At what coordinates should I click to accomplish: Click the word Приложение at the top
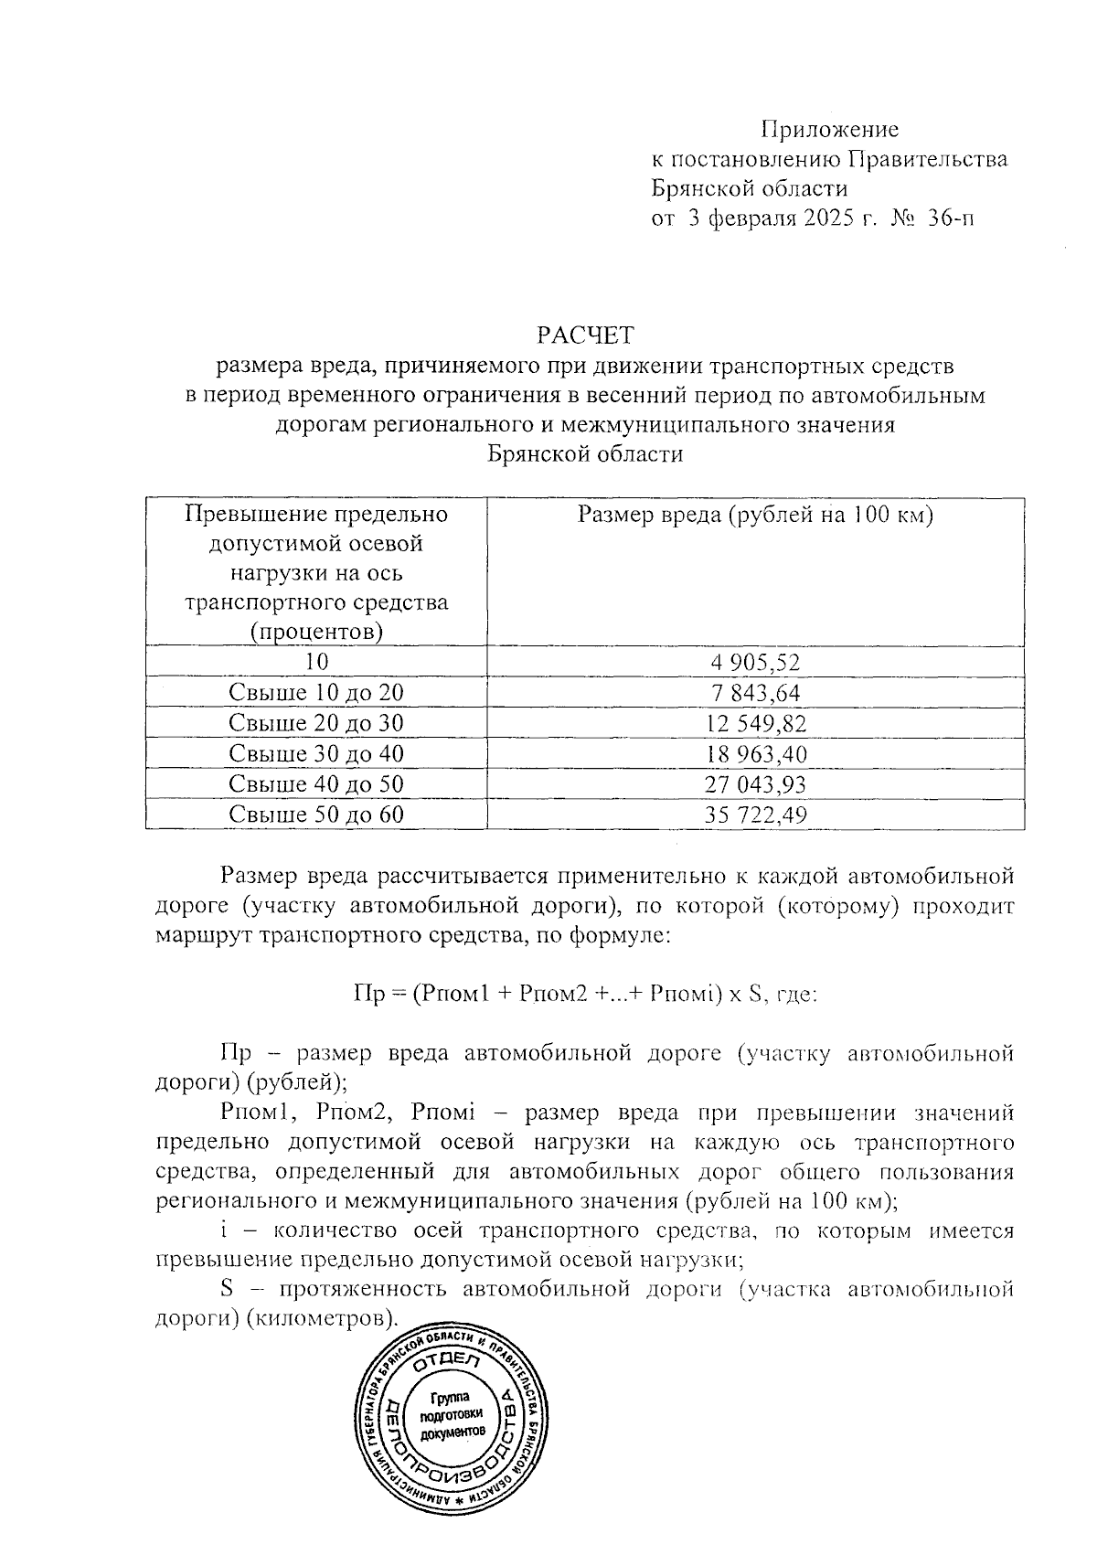point(830,130)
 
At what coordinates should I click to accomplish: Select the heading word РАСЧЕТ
point(585,335)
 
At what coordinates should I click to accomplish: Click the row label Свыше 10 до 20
point(315,693)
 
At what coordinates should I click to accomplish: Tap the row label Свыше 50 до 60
point(315,815)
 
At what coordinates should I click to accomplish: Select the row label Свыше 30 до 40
point(315,754)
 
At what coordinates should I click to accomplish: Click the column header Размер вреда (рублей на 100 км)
point(755,515)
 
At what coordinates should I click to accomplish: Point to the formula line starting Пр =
point(584,995)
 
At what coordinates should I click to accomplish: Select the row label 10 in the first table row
point(315,662)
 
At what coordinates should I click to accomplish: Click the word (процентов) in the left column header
point(315,632)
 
